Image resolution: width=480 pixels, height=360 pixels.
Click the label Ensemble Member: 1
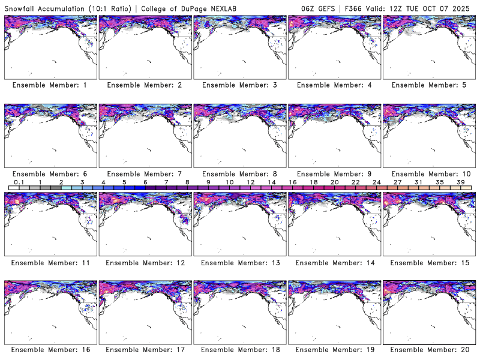[50, 85]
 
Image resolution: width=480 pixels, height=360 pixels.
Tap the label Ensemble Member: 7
[145, 174]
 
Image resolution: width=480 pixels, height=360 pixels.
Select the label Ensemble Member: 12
[145, 263]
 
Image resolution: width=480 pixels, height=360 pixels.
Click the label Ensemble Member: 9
[334, 174]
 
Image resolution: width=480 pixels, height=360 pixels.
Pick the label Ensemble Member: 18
[239, 349]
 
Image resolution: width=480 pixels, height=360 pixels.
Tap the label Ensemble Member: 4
[334, 85]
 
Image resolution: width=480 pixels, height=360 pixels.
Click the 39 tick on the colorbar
[460, 182]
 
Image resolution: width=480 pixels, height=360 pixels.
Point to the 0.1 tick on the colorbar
[19, 182]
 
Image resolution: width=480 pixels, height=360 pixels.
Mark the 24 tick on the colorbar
[376, 182]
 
